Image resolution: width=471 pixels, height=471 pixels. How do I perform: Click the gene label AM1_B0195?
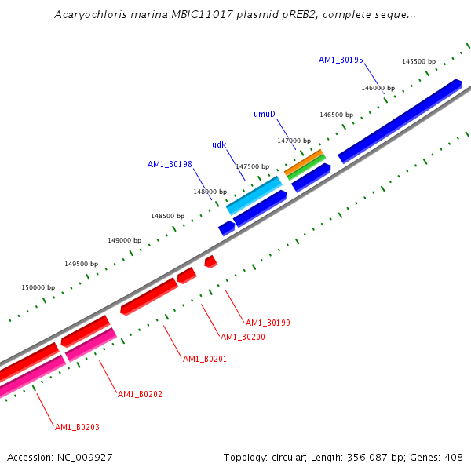tap(341, 60)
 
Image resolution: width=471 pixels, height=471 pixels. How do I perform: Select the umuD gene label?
tap(265, 114)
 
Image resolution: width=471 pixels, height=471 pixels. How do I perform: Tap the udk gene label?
tap(219, 144)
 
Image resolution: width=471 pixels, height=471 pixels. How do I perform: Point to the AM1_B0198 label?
tap(170, 164)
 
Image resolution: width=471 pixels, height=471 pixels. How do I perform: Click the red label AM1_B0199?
tap(268, 323)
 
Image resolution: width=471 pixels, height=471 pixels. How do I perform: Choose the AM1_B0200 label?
tap(243, 337)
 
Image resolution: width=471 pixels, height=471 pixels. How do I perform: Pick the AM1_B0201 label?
tap(205, 359)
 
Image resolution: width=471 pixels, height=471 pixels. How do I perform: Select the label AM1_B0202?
tap(140, 393)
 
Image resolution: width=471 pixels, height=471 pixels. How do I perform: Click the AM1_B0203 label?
tap(77, 427)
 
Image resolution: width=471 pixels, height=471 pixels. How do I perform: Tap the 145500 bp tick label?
tap(418, 61)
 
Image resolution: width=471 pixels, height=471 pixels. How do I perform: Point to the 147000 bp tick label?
tap(294, 141)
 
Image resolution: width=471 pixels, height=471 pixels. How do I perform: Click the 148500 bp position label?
tap(168, 216)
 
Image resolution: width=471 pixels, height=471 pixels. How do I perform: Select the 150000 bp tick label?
tap(38, 287)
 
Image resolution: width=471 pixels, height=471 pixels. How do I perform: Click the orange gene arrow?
tap(303, 162)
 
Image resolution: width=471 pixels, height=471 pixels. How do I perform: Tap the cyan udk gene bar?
tap(254, 195)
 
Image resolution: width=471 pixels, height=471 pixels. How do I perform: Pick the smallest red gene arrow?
tap(210, 261)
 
